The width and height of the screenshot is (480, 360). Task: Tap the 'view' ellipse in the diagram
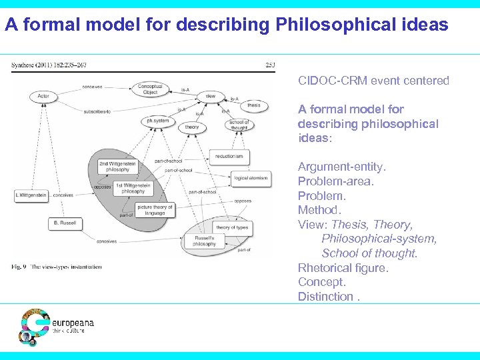click(210, 97)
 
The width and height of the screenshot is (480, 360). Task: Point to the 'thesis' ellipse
click(253, 105)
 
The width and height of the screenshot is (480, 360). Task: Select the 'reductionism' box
click(229, 156)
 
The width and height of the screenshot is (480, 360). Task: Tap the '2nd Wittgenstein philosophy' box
click(119, 166)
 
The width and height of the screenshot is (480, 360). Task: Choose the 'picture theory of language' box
click(155, 211)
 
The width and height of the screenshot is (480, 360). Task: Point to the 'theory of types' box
click(232, 227)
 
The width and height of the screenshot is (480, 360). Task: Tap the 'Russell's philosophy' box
click(205, 241)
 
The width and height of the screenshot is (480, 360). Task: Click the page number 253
click(270, 65)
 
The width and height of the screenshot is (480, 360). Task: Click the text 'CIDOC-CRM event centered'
click(373, 81)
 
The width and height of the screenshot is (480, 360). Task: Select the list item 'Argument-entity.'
click(341, 167)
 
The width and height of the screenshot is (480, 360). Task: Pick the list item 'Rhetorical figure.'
click(343, 268)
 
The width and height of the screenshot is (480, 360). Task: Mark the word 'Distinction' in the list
click(325, 297)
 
